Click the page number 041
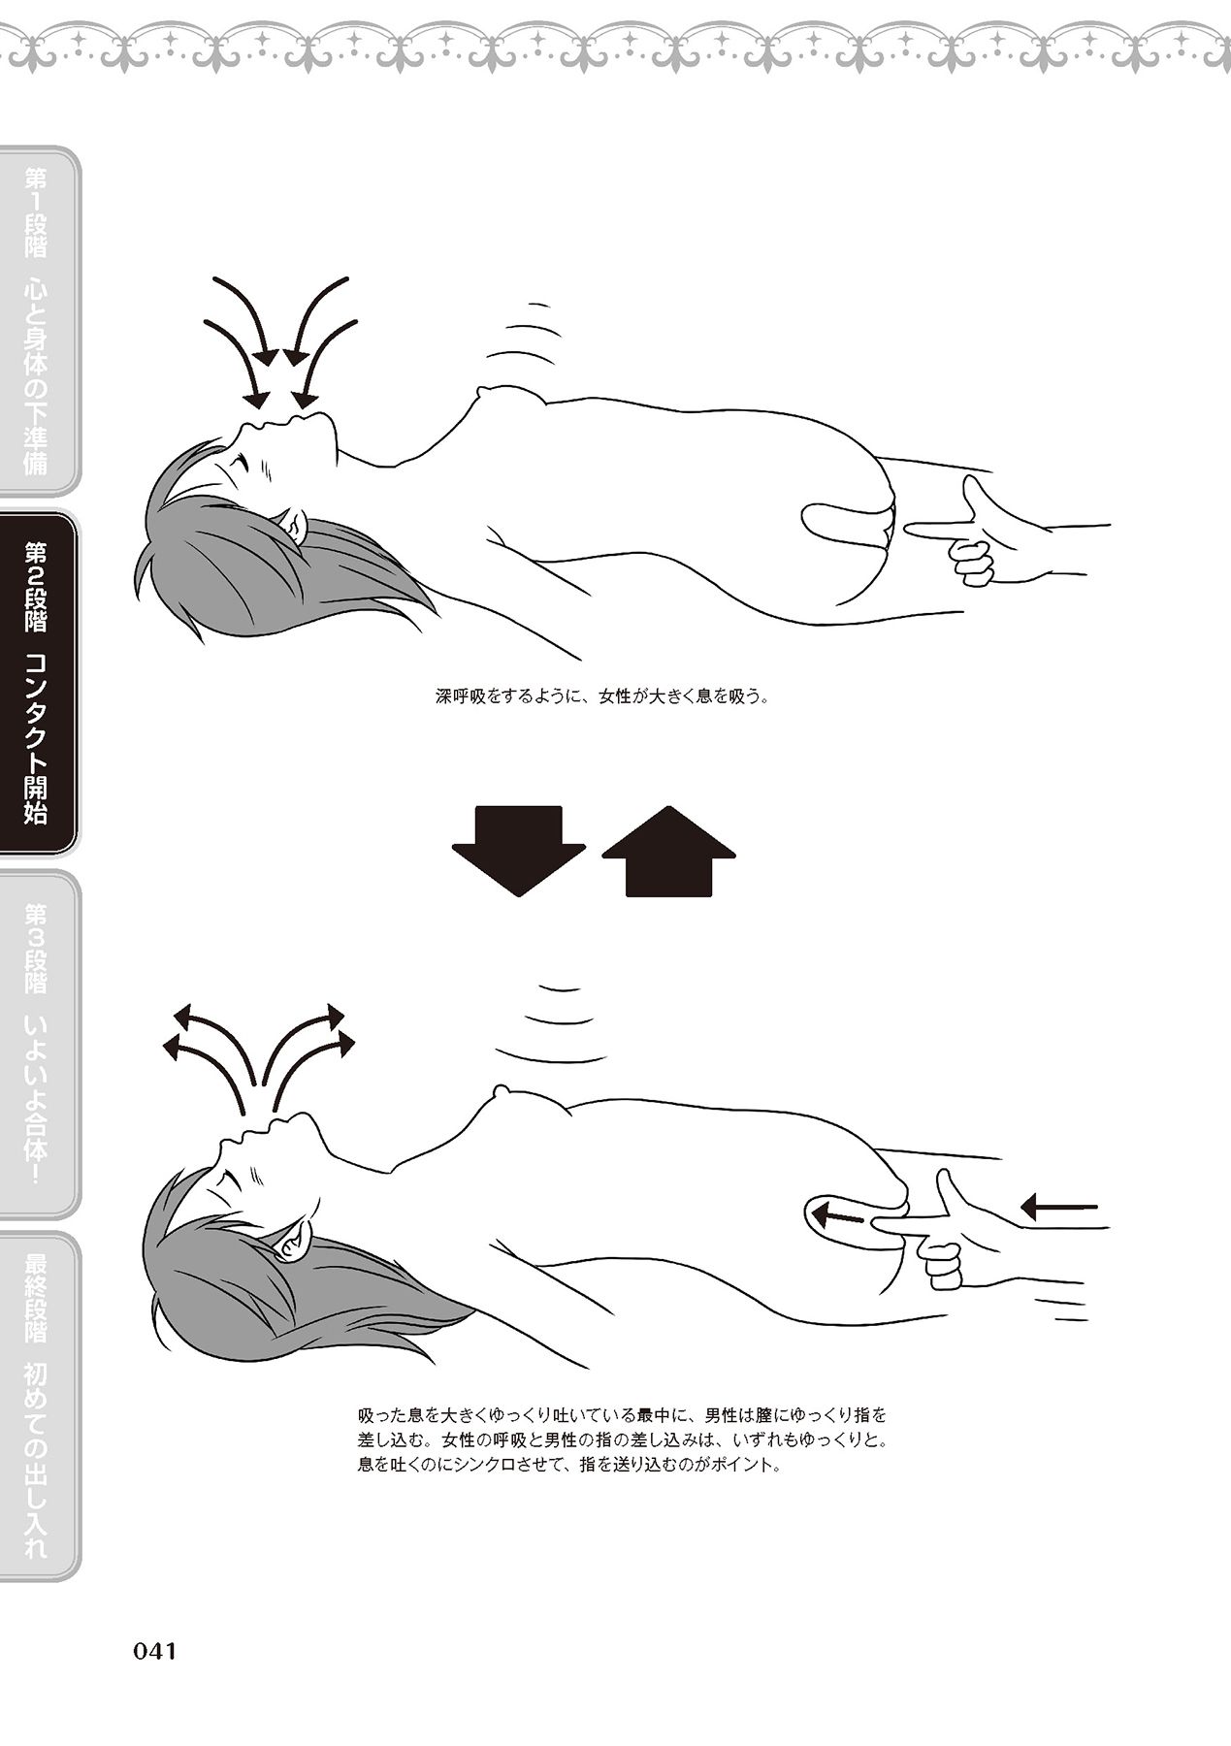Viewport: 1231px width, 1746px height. point(153,1651)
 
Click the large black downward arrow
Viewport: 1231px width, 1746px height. point(519,850)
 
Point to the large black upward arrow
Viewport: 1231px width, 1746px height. point(668,850)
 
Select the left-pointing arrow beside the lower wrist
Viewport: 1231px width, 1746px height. point(1059,1208)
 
